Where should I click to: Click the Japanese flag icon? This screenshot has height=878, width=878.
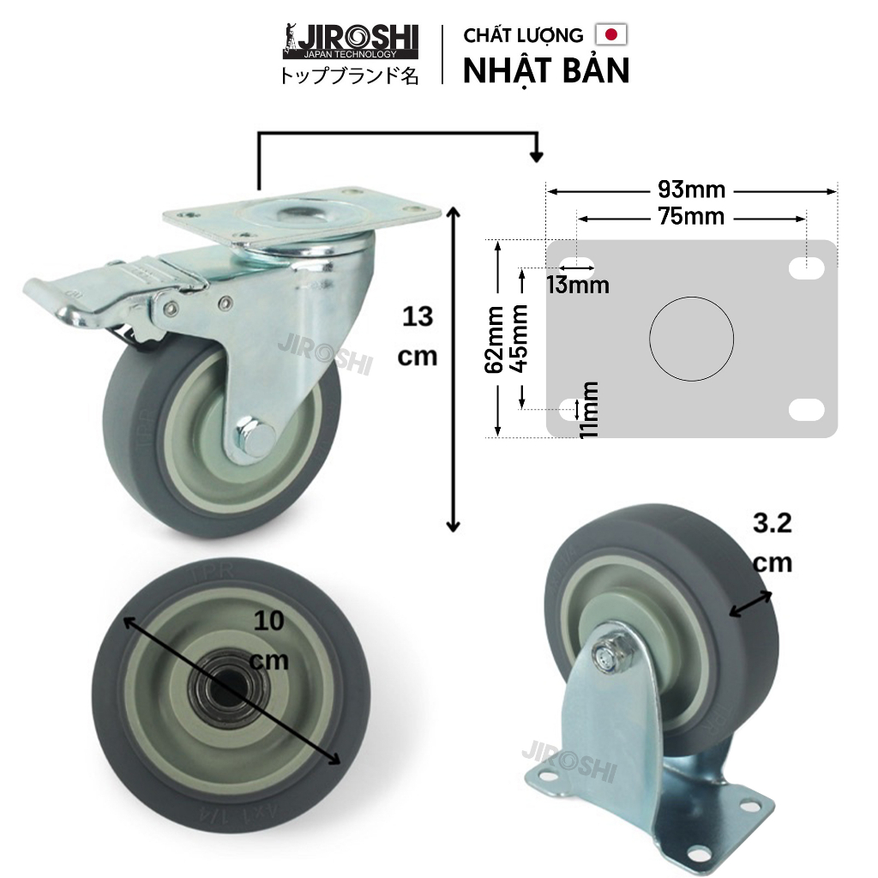tap(611, 34)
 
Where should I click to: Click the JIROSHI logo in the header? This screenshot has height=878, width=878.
tap(351, 42)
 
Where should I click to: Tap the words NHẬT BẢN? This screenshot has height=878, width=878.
tap(546, 71)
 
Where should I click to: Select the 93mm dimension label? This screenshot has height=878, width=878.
tap(692, 189)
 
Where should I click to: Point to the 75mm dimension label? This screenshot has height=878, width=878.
tap(692, 217)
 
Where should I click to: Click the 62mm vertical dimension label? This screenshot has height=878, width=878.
tap(495, 340)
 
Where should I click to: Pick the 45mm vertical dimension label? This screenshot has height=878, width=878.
tap(519, 338)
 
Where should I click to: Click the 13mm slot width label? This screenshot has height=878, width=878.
tap(578, 285)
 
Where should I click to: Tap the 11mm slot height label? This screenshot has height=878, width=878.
tap(589, 410)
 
